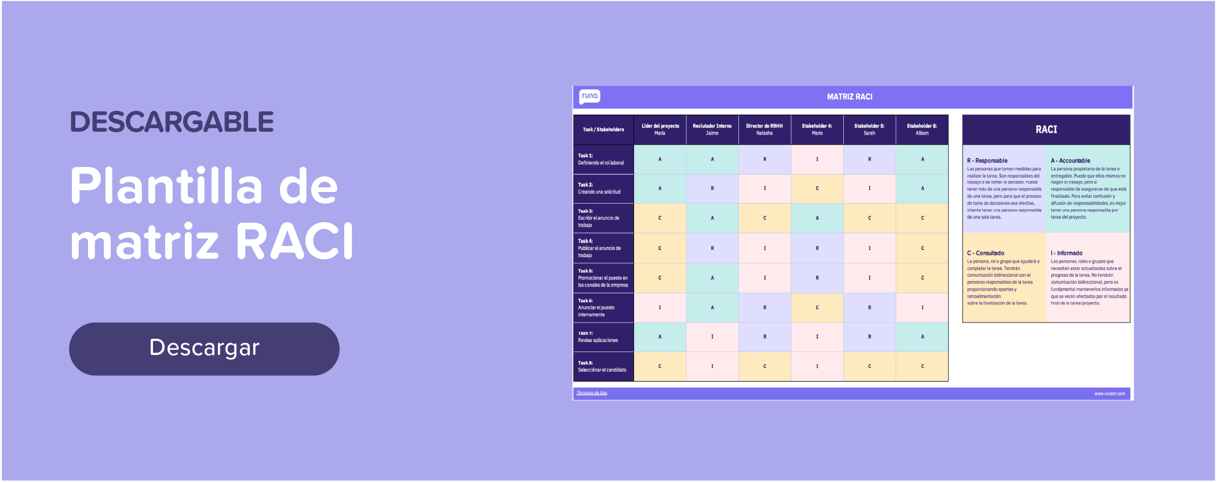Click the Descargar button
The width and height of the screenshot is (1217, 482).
tap(204, 349)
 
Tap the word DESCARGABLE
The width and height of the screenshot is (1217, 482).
tap(172, 122)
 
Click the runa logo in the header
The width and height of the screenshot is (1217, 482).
tap(589, 96)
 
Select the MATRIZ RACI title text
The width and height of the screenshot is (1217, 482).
tap(849, 97)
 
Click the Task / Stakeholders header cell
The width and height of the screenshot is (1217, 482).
tap(603, 129)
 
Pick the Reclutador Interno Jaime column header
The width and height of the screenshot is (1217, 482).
tap(712, 129)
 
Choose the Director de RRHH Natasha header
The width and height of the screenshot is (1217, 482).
tap(764, 129)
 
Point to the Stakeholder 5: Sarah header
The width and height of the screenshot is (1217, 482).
tap(869, 129)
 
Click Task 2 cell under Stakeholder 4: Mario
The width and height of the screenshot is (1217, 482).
tap(817, 189)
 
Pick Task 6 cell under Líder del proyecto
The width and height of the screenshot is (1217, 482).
tap(659, 308)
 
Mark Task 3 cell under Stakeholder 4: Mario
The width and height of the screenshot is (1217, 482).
tap(817, 219)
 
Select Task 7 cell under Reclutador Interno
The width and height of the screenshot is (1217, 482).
tap(712, 337)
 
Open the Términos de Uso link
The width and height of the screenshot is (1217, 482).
tap(592, 393)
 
